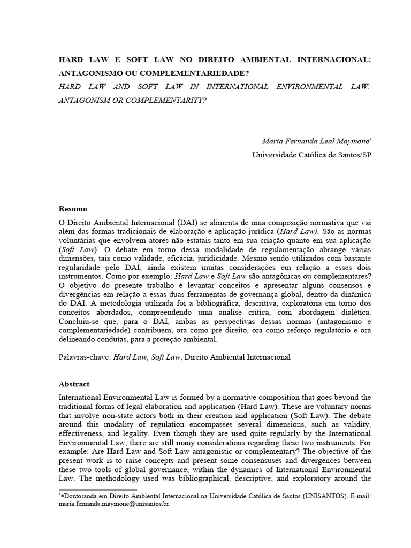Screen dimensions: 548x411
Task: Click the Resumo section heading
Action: [x=72, y=209]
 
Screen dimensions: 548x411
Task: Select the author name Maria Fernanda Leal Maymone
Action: [x=316, y=141]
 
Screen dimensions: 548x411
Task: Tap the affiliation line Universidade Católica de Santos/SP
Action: [x=311, y=155]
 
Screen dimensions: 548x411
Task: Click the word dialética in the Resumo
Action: [x=348, y=311]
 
